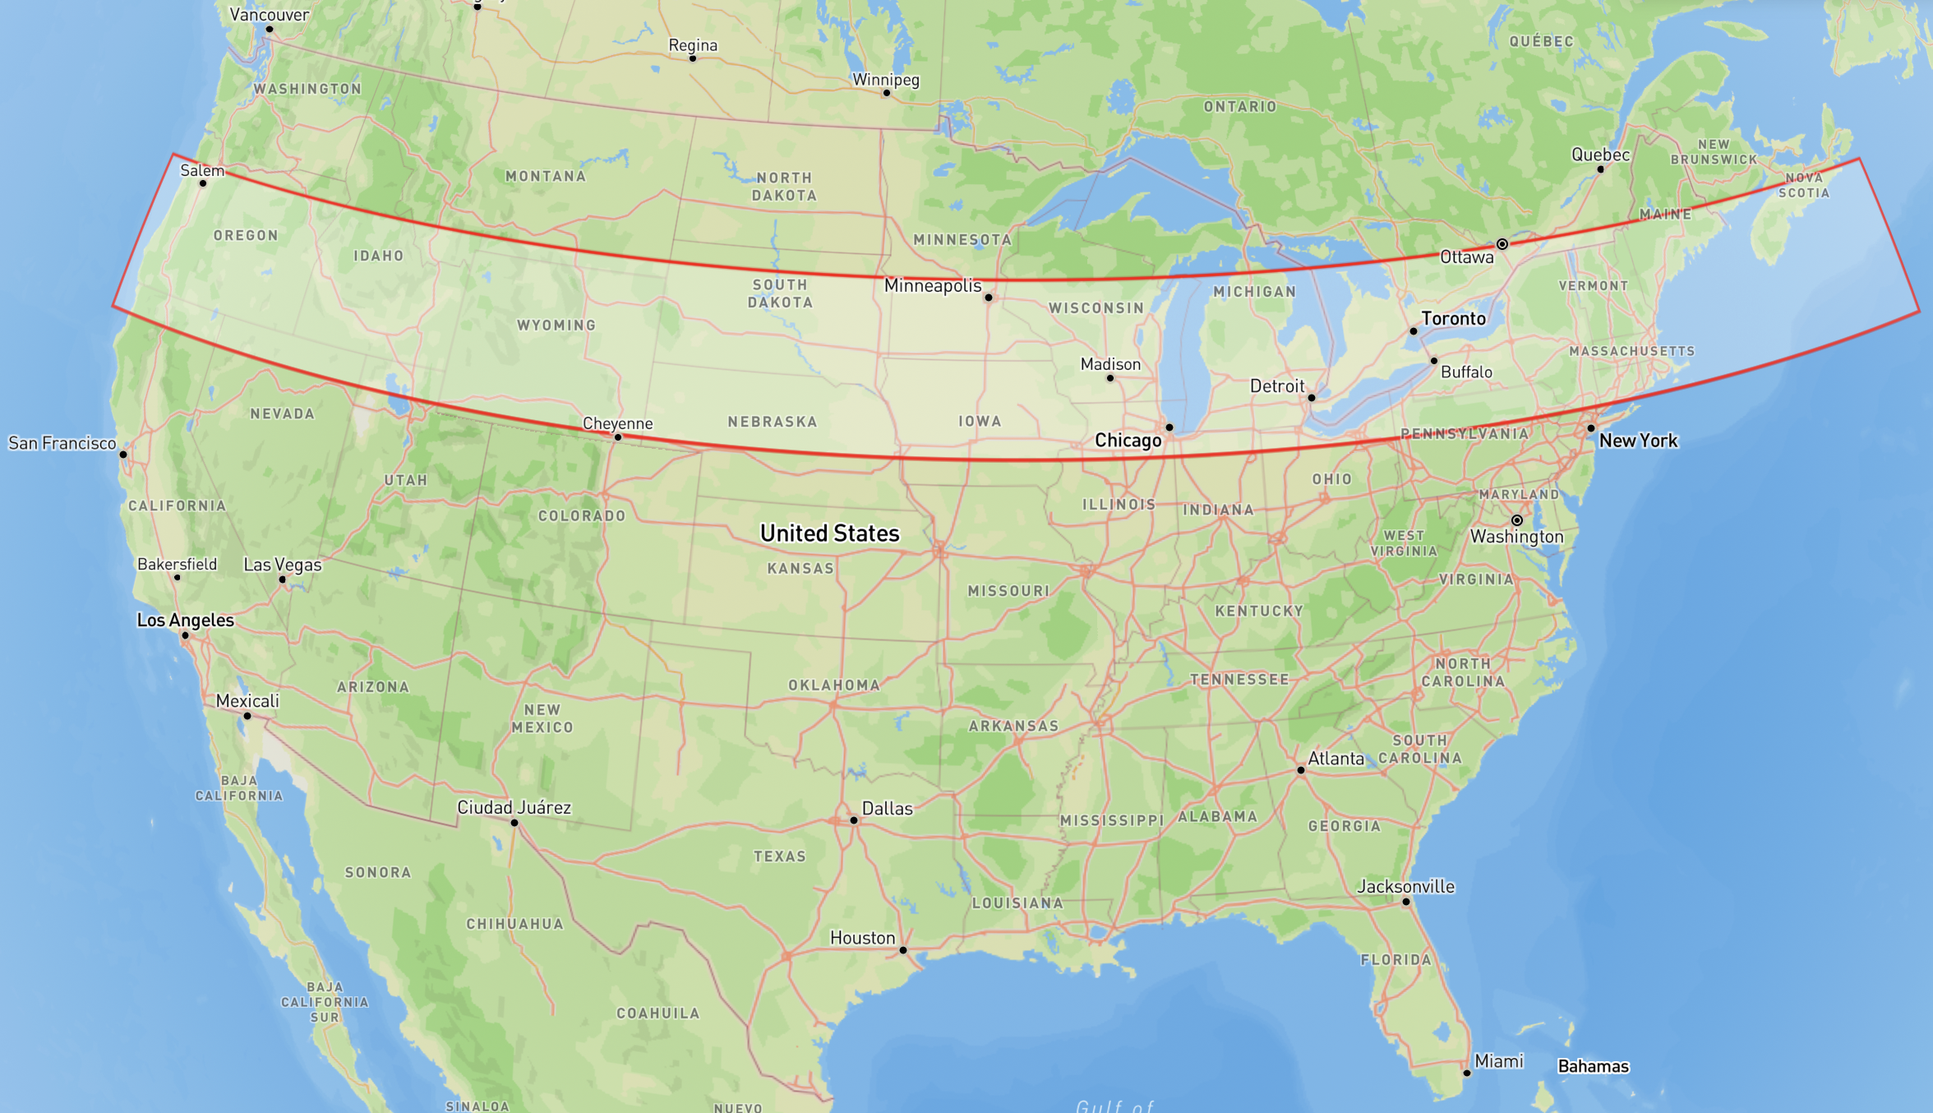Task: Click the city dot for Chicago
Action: coord(1169,427)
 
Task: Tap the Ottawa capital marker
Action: coord(1502,244)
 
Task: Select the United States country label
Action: coord(829,533)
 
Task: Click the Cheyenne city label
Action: coord(617,423)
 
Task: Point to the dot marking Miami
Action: coord(1467,1073)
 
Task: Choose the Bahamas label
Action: coord(1593,1066)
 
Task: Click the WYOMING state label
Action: coord(556,326)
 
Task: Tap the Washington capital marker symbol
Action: coord(1517,520)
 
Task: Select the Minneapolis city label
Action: coord(932,285)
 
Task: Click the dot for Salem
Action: coord(203,182)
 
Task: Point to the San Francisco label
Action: coord(62,443)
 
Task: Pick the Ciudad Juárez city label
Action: coord(514,807)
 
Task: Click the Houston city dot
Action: coord(903,950)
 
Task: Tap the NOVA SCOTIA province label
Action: coord(1804,185)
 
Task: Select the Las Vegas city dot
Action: coord(283,580)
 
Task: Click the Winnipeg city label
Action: coord(885,80)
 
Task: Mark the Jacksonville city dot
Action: coord(1406,902)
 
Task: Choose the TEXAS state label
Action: coord(780,857)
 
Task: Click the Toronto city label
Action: coord(1453,318)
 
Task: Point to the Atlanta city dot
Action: coord(1301,770)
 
